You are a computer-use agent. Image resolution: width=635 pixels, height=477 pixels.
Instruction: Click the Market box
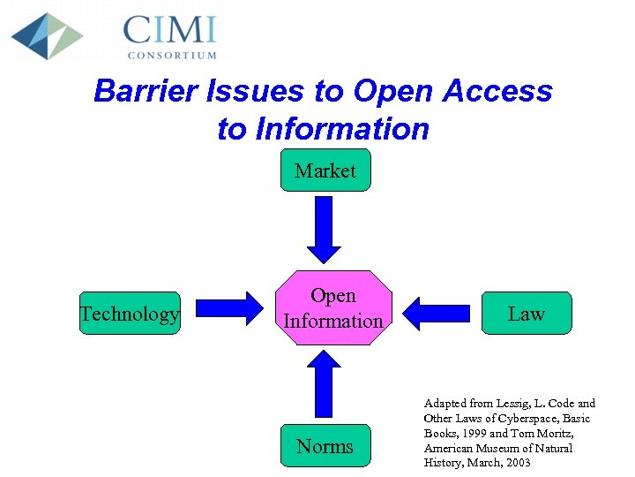325,170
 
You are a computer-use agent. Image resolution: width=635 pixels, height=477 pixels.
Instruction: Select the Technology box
130,314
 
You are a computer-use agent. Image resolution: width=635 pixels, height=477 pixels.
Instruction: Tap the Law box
527,314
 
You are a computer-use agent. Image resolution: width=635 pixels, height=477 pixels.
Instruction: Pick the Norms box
325,446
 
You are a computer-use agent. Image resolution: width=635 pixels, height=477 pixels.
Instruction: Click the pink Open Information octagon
333,308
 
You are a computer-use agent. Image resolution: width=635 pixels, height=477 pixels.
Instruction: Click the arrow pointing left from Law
437,312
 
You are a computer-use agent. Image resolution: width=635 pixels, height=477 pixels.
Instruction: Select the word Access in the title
498,91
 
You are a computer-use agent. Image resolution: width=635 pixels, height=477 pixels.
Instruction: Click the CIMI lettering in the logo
169,30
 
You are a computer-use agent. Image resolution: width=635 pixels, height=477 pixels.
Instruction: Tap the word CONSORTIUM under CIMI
172,55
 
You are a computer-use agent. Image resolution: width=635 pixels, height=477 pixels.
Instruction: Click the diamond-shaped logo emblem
47,35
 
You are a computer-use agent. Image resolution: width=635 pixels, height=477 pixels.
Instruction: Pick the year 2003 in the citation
515,463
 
